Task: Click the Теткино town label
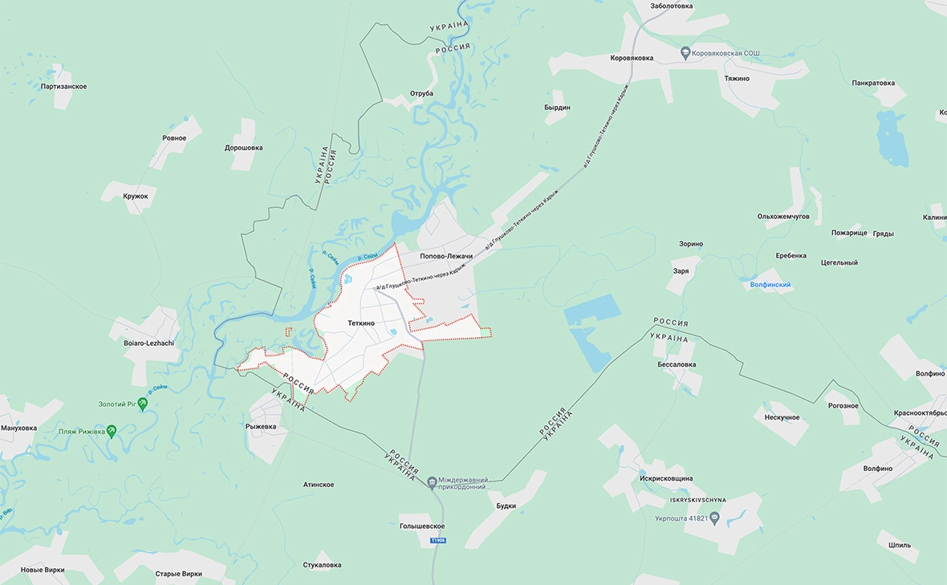[x=361, y=323]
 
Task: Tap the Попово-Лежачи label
[x=446, y=256]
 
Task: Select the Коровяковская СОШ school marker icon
[x=685, y=53]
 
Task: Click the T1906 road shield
[x=437, y=540]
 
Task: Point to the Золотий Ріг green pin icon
[x=143, y=404]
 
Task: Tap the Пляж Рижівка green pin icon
[x=112, y=431]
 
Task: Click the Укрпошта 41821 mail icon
[x=714, y=518]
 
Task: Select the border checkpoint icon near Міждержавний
[x=433, y=481]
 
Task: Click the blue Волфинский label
[x=770, y=285]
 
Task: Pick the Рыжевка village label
[x=261, y=427]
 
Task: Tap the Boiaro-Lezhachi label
[x=149, y=343]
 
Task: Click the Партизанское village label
[x=63, y=86]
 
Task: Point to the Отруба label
[x=421, y=93]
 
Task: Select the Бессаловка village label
[x=677, y=364]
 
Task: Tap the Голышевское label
[x=422, y=526]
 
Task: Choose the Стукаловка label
[x=321, y=565]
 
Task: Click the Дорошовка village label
[x=243, y=148]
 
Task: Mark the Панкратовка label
[x=873, y=83]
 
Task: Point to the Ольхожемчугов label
[x=783, y=217]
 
